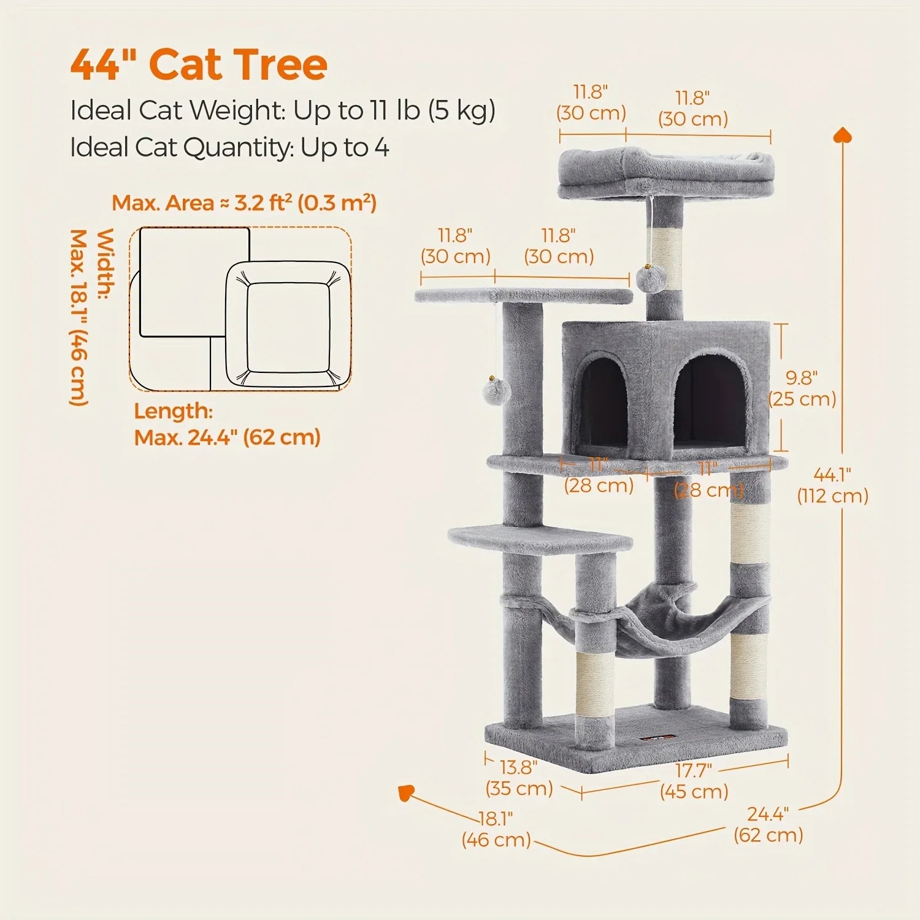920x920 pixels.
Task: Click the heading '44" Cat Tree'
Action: click(199, 64)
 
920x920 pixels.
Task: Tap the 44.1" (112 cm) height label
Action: click(832, 485)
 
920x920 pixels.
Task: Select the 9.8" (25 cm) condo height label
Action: click(802, 388)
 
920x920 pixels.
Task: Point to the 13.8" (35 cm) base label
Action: click(519, 778)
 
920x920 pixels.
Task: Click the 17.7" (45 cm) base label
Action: click(694, 780)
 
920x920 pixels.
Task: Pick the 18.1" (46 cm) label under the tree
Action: click(496, 829)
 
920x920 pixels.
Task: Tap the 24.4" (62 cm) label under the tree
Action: click(768, 824)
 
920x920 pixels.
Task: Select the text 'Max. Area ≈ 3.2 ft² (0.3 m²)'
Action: click(243, 203)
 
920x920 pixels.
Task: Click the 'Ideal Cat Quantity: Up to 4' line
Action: click(229, 148)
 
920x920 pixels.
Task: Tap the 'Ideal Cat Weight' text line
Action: click(282, 111)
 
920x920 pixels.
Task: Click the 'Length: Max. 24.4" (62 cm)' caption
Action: click(227, 424)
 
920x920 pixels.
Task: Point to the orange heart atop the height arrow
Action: click(843, 134)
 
